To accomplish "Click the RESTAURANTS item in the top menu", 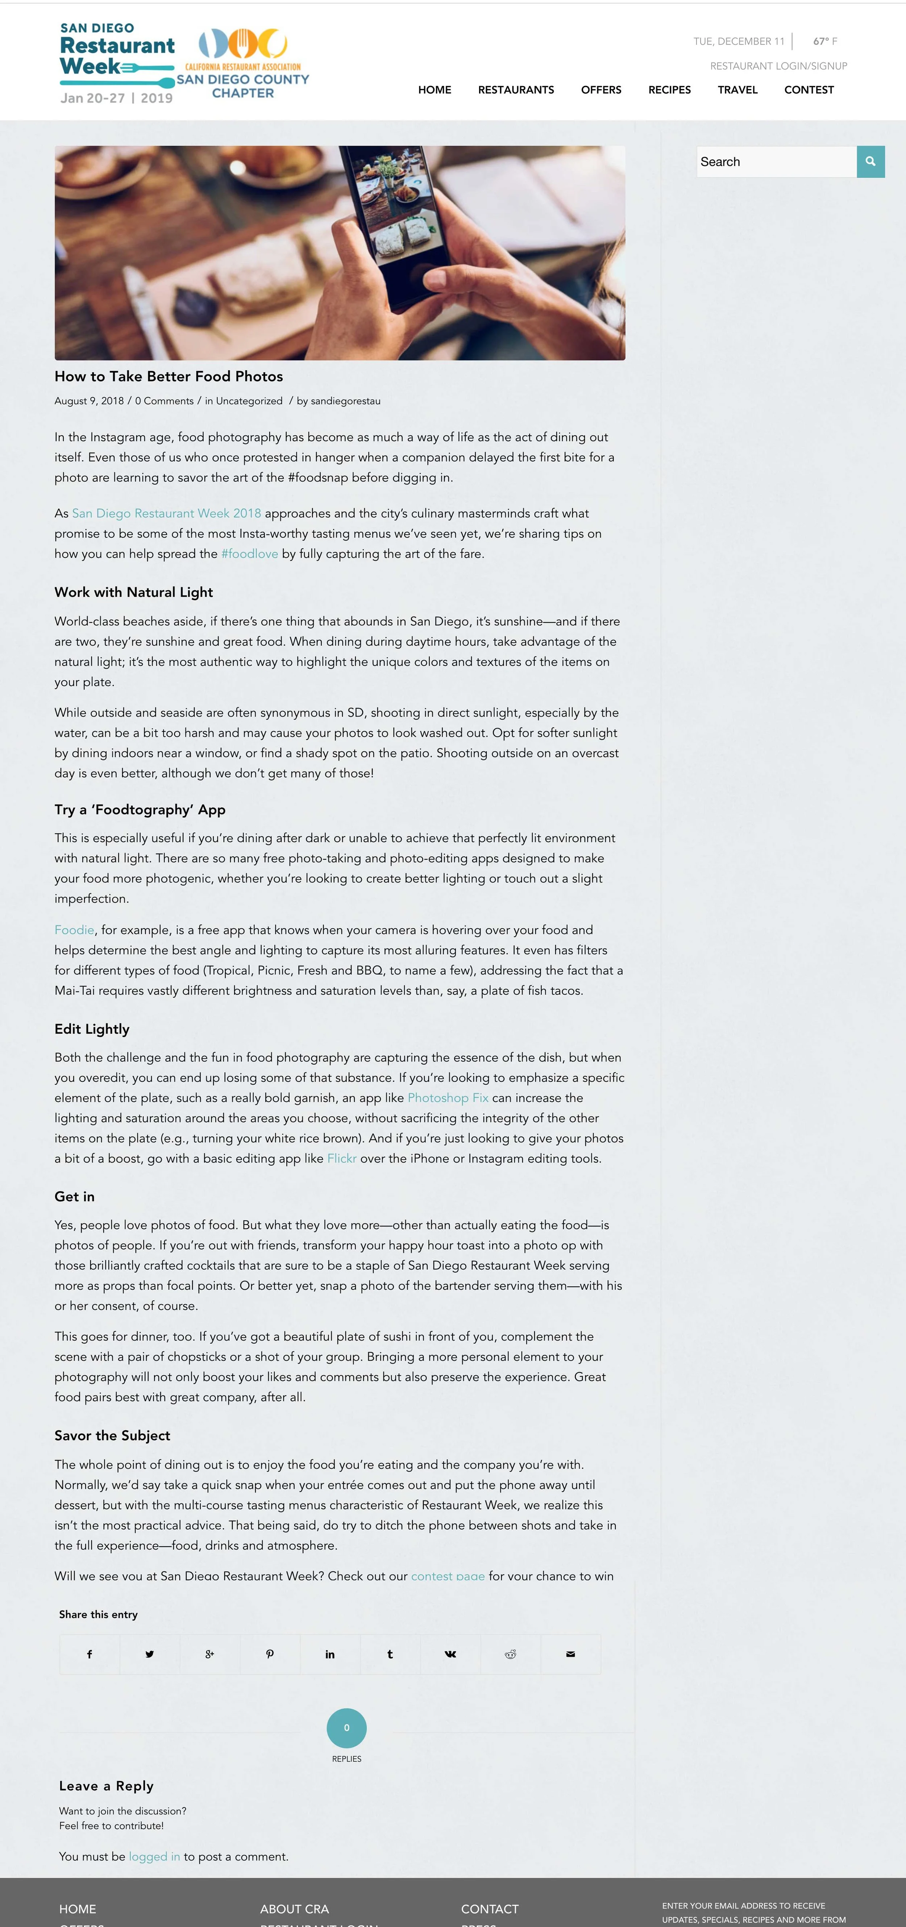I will tap(515, 90).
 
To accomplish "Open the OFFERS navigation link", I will tap(601, 90).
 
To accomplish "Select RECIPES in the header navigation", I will tap(669, 90).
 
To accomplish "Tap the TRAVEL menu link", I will tap(737, 90).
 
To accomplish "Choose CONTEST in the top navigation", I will tap(808, 90).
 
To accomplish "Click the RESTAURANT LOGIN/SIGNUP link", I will tap(778, 66).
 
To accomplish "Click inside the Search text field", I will tap(776, 162).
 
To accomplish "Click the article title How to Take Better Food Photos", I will tap(168, 376).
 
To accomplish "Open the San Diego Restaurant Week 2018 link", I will tap(166, 513).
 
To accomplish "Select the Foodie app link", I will tap(74, 930).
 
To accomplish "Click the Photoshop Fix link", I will tap(448, 1097).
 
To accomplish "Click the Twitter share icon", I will tap(150, 1654).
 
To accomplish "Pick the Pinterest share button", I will tap(269, 1654).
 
